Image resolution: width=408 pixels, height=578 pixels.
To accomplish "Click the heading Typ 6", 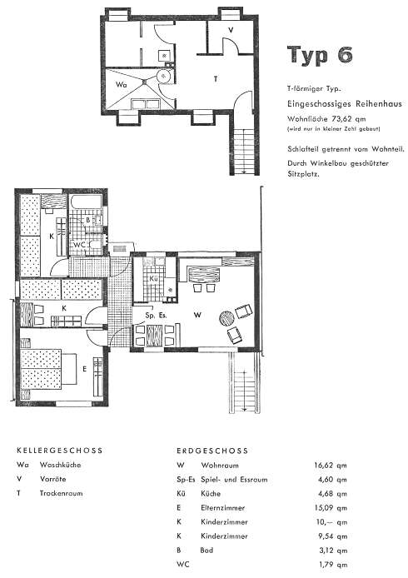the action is [x=320, y=55].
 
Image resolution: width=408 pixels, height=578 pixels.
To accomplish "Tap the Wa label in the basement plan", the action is [x=122, y=84].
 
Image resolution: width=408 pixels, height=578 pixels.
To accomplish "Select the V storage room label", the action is [x=231, y=30].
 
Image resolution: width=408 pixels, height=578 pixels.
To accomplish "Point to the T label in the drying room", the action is [x=216, y=79].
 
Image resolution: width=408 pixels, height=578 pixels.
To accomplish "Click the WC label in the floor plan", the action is [x=80, y=245].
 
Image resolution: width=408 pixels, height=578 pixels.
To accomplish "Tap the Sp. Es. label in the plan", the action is [x=156, y=316].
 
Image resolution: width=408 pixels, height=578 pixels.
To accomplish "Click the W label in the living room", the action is [x=198, y=315].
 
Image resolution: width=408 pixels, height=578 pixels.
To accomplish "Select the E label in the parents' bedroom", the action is [x=85, y=369].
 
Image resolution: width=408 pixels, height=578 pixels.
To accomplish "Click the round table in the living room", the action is [x=227, y=318].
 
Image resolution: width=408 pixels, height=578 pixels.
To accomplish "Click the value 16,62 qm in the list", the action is [x=331, y=466].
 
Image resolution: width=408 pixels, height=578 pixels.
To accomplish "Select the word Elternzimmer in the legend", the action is [x=222, y=507].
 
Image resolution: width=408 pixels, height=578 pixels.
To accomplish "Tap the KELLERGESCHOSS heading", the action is [x=59, y=450].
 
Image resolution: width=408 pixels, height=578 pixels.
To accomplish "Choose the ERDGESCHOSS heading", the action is [x=212, y=451].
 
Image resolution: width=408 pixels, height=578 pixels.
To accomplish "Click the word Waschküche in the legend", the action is [x=61, y=465].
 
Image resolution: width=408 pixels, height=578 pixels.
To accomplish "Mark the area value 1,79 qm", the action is [x=333, y=565].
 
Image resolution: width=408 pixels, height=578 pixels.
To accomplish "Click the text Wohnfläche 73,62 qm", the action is [x=326, y=119].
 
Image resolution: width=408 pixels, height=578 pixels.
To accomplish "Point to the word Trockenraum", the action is [x=61, y=493].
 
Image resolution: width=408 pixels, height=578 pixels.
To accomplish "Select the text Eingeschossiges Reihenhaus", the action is [x=344, y=103].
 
